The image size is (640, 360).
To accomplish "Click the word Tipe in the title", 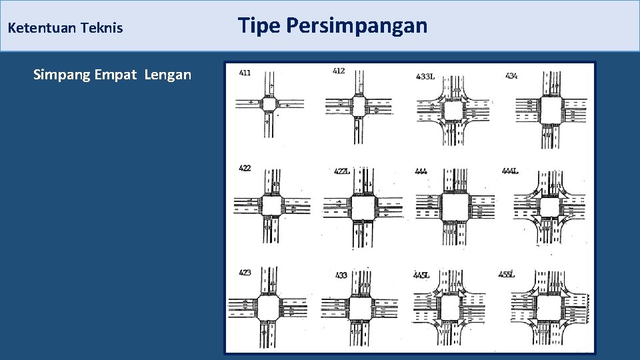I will (259, 25).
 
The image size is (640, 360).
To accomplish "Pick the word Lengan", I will (167, 75).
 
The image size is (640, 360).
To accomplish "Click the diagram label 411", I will (244, 72).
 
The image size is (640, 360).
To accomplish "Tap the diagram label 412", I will (339, 71).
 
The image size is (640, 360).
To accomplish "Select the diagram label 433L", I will (425, 77).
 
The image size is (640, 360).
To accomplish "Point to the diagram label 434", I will (511, 76).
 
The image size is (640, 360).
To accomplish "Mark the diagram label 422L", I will (342, 171).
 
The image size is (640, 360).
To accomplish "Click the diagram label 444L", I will (510, 171).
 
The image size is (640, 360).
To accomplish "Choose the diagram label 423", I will (245, 272).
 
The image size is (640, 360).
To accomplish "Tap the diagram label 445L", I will (421, 275).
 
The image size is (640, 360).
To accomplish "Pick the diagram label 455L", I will (507, 274).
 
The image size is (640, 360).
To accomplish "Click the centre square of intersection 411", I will (269, 104).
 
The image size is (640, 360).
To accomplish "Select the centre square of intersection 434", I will (550, 107).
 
